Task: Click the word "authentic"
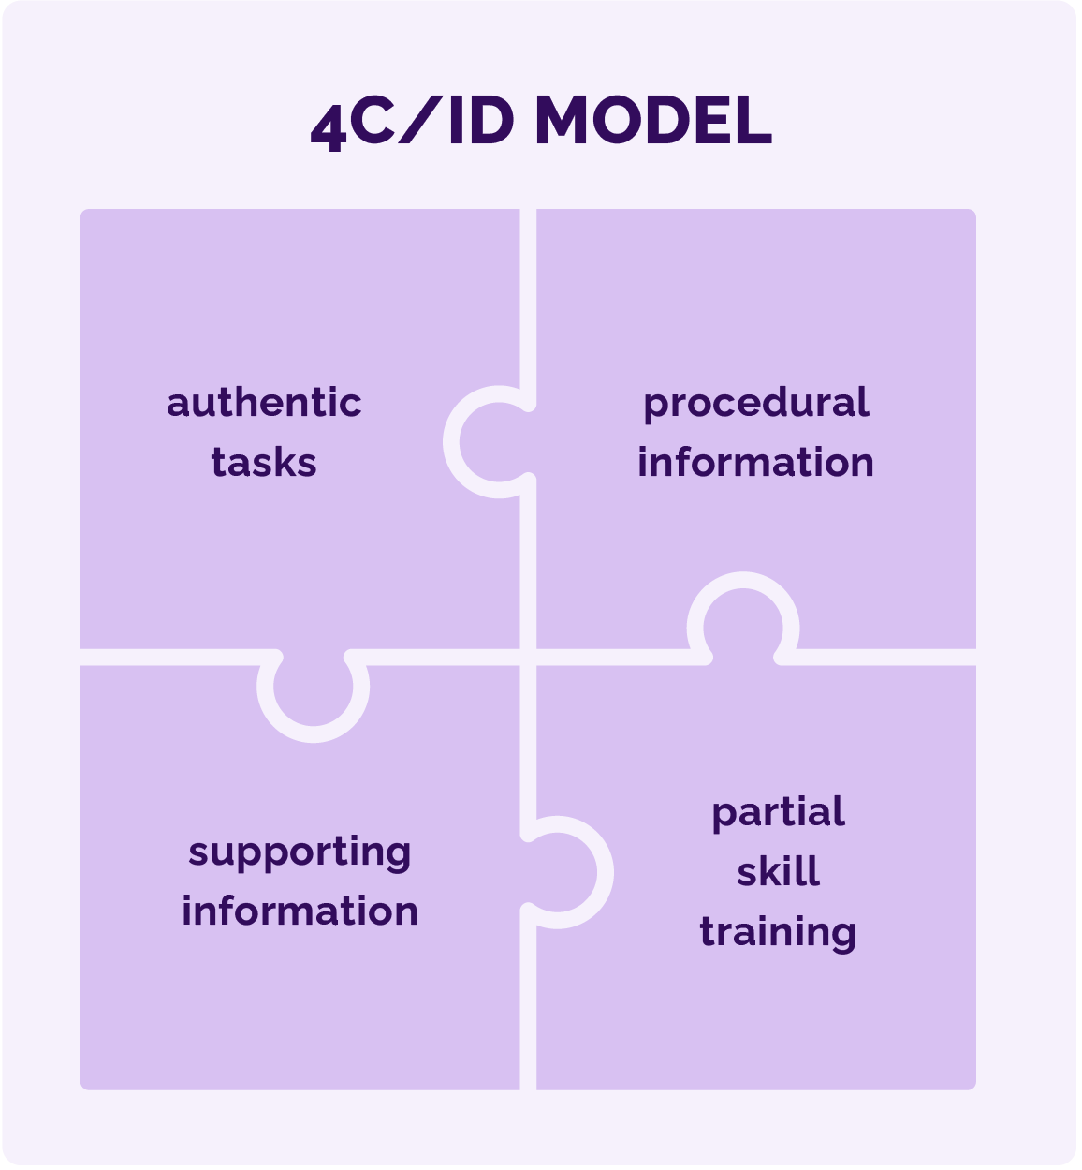coord(264,403)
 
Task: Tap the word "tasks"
coord(264,463)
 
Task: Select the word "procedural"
coord(756,403)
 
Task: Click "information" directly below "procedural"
coord(756,463)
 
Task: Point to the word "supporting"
coord(300,852)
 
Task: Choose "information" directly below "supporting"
coord(300,911)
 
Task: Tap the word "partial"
coord(778,812)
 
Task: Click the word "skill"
coord(778,872)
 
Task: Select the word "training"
coord(778,932)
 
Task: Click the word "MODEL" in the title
coord(653,121)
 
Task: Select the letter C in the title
coord(373,121)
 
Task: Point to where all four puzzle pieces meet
coord(528,657)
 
